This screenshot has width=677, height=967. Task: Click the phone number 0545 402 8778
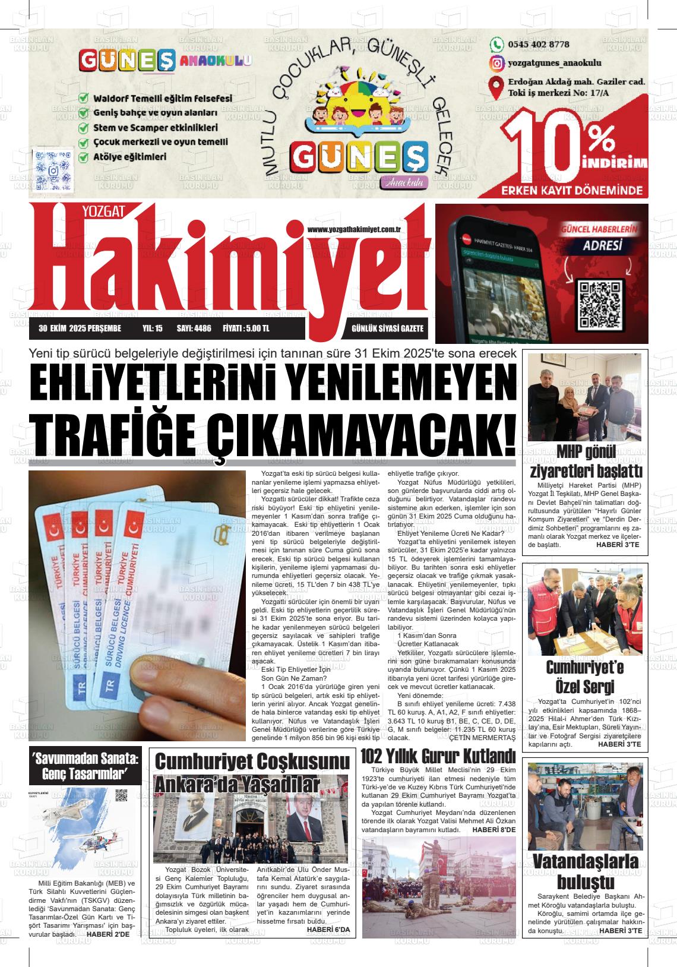(538, 45)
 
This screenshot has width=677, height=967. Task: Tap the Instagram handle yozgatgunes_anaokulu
(555, 63)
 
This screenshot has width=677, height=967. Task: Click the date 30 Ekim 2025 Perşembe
(80, 328)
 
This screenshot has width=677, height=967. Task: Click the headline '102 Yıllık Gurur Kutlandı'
(438, 757)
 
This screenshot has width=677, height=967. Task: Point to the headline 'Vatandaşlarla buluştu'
(585, 871)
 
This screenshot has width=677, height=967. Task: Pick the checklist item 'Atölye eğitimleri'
(129, 157)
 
